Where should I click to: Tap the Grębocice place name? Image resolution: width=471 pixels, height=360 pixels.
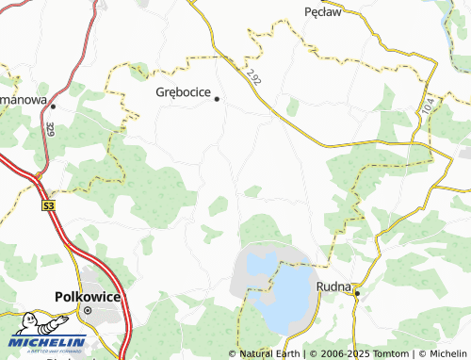tap(184, 93)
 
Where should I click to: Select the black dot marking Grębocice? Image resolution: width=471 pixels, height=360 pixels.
tap(217, 99)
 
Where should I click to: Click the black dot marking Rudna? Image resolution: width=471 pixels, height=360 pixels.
tap(357, 293)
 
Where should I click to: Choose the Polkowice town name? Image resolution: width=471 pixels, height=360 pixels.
tap(87, 293)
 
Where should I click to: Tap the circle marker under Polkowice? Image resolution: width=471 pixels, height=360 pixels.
tap(88, 309)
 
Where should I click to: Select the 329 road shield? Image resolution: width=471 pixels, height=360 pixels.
tap(49, 127)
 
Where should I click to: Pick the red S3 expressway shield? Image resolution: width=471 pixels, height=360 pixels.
tap(48, 204)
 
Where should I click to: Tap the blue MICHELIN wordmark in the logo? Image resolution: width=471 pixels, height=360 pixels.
tap(49, 342)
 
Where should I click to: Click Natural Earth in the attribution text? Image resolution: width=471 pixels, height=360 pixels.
tap(269, 353)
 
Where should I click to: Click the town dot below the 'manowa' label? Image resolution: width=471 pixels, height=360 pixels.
tap(54, 106)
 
